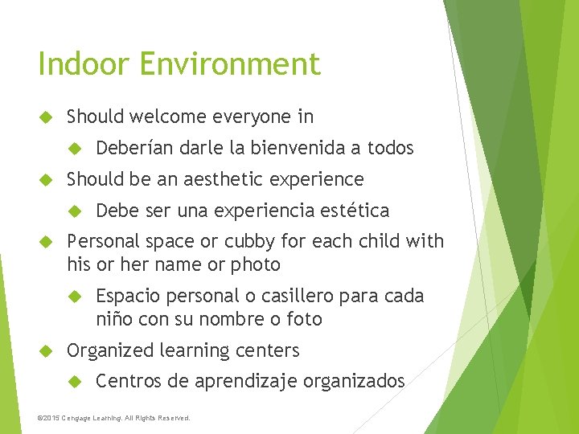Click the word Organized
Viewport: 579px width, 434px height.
tap(110, 350)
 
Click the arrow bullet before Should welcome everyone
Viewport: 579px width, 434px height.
tap(45, 117)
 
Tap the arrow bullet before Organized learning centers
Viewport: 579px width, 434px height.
tap(45, 350)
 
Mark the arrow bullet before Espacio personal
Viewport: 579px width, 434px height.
tap(75, 296)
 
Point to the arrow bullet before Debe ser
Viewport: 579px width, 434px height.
tap(75, 211)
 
